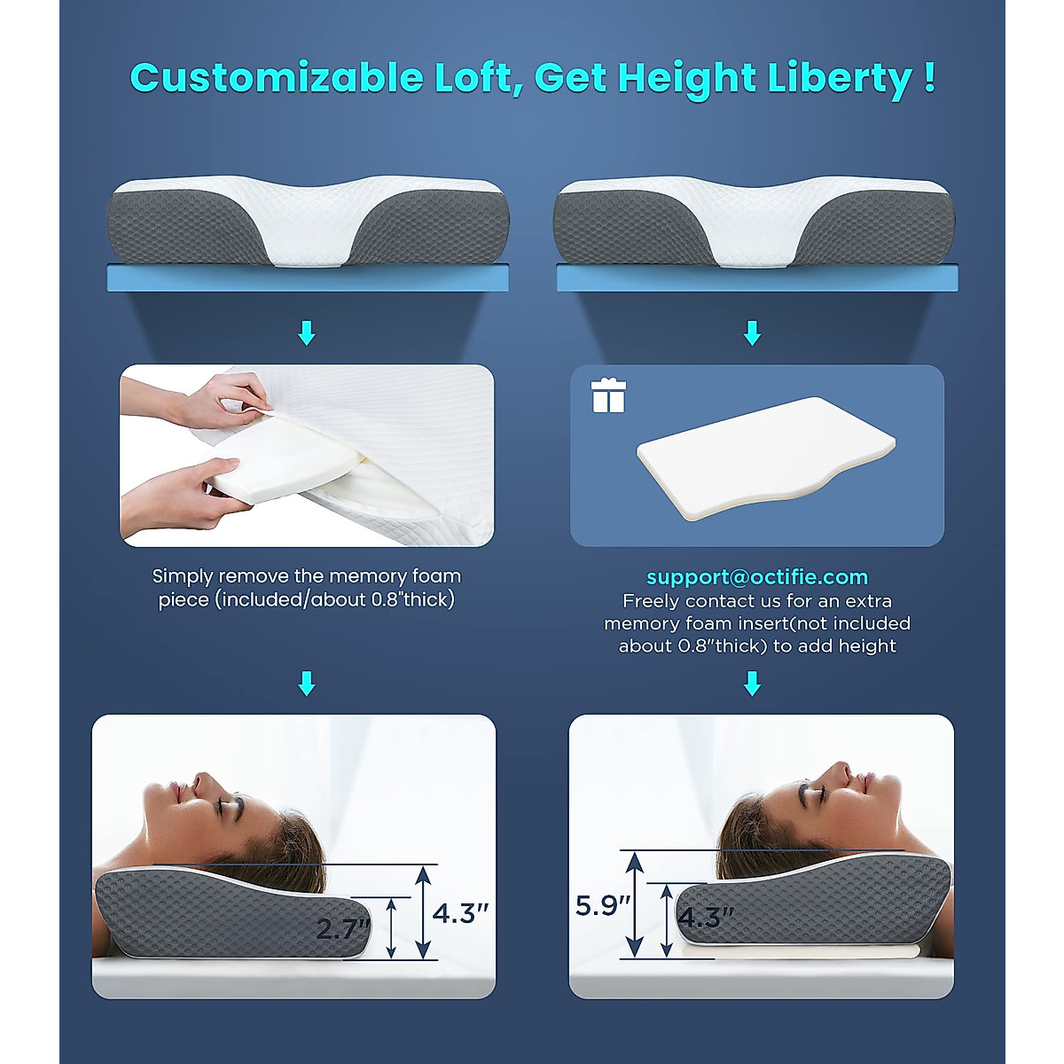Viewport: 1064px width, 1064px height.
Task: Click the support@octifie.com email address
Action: click(757, 577)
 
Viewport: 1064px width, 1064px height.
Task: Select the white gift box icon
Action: click(608, 395)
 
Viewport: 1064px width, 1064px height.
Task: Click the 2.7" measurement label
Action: click(342, 928)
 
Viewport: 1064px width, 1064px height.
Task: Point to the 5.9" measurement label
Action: click(603, 905)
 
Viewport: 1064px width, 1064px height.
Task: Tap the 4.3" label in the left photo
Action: click(460, 912)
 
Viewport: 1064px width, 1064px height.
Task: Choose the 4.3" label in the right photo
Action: click(706, 916)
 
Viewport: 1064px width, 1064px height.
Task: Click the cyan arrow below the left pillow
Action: click(307, 333)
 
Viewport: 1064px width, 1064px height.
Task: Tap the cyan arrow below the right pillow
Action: click(753, 333)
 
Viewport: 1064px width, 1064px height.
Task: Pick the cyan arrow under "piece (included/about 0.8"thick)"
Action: click(307, 684)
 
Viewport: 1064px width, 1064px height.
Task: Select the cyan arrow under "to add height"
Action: click(753, 684)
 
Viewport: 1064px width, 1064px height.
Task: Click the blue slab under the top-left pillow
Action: click(307, 278)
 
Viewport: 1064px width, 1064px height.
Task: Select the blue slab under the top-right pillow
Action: click(757, 278)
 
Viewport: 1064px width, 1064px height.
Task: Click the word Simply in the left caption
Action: click(183, 576)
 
